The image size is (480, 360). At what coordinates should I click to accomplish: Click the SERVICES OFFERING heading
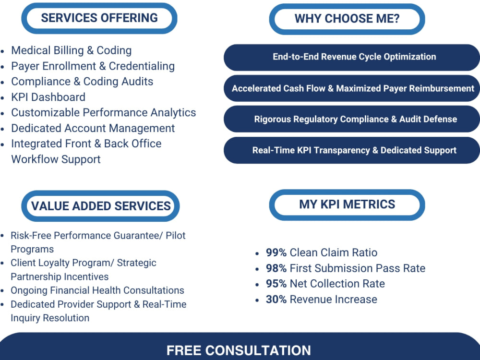point(99,18)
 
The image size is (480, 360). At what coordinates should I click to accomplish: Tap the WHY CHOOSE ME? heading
point(347,19)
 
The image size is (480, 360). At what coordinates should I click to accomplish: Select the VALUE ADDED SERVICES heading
point(101,206)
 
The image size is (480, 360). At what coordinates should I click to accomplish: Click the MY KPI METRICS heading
point(347,204)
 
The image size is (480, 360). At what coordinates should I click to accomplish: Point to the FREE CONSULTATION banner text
point(239,350)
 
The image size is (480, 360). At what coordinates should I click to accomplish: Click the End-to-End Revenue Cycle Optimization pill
point(352,57)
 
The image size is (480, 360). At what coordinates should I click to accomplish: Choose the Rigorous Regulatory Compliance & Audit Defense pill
point(352,119)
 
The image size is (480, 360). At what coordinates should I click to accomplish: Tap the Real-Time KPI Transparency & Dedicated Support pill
point(352,150)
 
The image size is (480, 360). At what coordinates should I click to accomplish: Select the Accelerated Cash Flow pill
point(352,88)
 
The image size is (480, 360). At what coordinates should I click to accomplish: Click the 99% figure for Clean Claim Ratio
point(276,252)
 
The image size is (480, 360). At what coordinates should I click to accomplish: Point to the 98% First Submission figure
point(276,268)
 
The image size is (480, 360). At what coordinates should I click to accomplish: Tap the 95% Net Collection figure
point(276,284)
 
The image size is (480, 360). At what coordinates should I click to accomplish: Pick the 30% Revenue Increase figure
point(276,300)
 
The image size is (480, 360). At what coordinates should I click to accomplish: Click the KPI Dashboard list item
point(48,97)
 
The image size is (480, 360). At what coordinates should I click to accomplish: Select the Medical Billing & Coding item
point(72,50)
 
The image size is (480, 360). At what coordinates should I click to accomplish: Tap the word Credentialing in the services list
point(142,66)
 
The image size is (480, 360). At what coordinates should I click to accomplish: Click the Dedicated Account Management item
point(93,128)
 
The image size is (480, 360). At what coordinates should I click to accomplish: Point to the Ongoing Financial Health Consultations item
point(97,290)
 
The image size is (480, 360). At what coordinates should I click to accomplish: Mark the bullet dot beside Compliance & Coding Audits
point(3,83)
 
